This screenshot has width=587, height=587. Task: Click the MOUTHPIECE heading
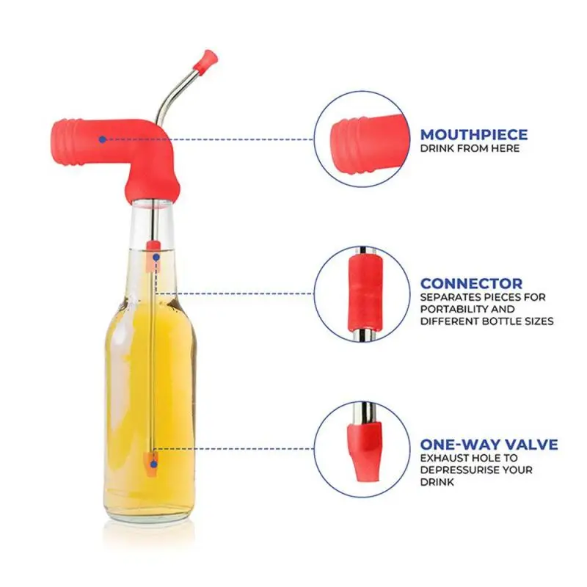click(473, 134)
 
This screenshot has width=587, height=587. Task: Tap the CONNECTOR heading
click(471, 283)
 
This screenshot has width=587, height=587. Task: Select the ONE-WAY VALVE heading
click(489, 445)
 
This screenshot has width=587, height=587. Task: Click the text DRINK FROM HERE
click(470, 148)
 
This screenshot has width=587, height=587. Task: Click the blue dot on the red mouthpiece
click(102, 139)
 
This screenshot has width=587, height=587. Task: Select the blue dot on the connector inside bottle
click(156, 259)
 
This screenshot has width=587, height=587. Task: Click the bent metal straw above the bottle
click(176, 92)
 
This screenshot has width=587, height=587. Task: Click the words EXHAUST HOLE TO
click(459, 458)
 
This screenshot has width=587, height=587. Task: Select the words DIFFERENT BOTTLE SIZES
click(486, 321)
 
